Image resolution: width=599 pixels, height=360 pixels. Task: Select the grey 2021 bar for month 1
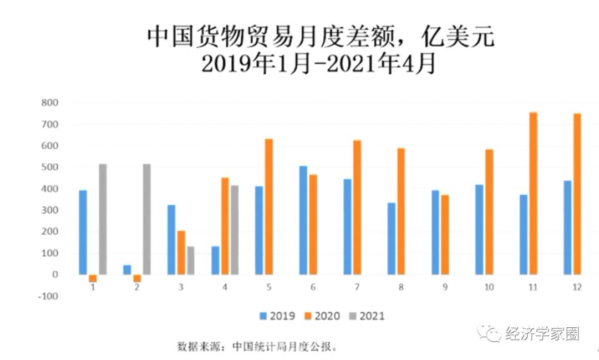tap(103, 219)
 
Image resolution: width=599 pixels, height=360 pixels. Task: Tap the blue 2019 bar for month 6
tap(303, 220)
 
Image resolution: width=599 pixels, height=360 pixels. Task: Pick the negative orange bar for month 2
tap(137, 278)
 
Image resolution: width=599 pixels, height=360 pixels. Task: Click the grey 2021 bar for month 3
tap(190, 260)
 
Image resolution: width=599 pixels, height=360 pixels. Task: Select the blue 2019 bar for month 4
tap(215, 260)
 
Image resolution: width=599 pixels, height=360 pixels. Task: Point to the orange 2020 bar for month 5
tap(269, 206)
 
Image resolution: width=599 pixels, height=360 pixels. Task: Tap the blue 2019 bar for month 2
tap(127, 270)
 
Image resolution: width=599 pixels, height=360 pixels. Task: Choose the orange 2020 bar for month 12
tap(577, 194)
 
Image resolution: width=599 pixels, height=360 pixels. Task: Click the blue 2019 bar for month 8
tap(392, 239)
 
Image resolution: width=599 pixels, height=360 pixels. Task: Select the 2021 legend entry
tap(367, 316)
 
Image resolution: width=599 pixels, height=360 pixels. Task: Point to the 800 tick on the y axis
tap(50, 103)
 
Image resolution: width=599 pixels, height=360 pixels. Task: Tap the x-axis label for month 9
tap(445, 287)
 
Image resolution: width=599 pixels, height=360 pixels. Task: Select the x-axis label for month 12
tap(577, 287)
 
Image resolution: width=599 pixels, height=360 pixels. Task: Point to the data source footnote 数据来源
tap(257, 347)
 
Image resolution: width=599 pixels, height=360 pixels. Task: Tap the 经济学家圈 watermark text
tap(542, 334)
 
